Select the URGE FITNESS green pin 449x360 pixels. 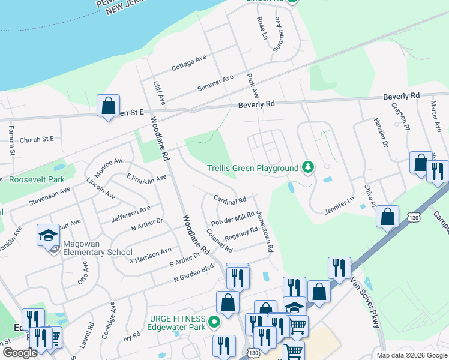(214, 324)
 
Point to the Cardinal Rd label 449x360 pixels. (230, 199)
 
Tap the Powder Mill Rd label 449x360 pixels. (233, 218)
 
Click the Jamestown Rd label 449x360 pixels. (265, 230)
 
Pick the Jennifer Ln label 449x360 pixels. (340, 205)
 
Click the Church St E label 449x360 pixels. (37, 139)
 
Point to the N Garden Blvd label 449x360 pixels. (193, 273)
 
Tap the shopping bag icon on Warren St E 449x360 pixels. (108, 106)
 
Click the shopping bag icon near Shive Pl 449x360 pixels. (388, 217)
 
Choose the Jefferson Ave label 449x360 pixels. (132, 214)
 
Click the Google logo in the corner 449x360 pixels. (20, 353)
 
